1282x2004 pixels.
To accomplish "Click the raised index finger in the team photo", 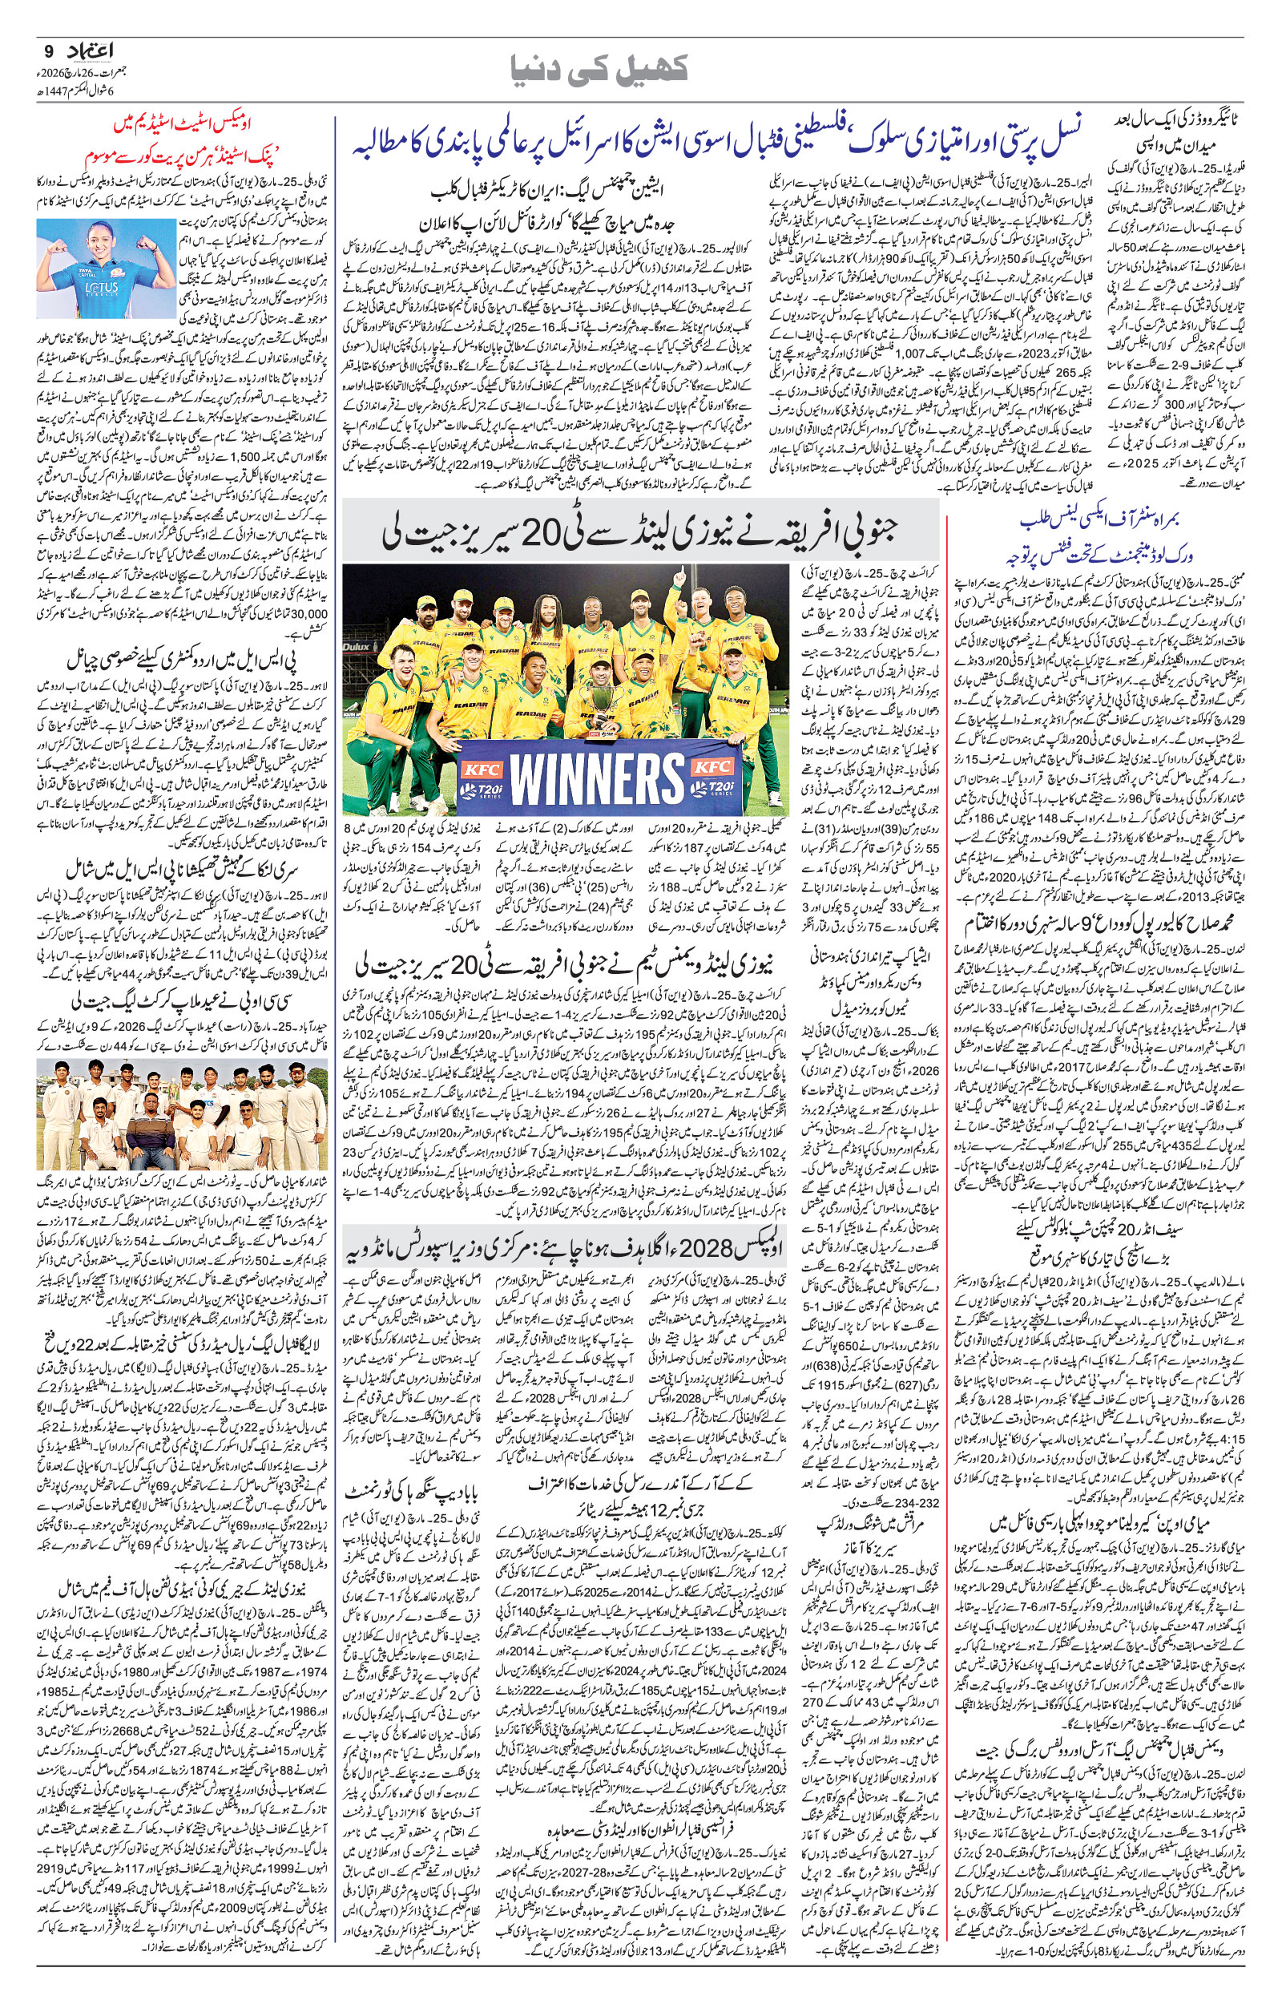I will click(681, 576).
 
